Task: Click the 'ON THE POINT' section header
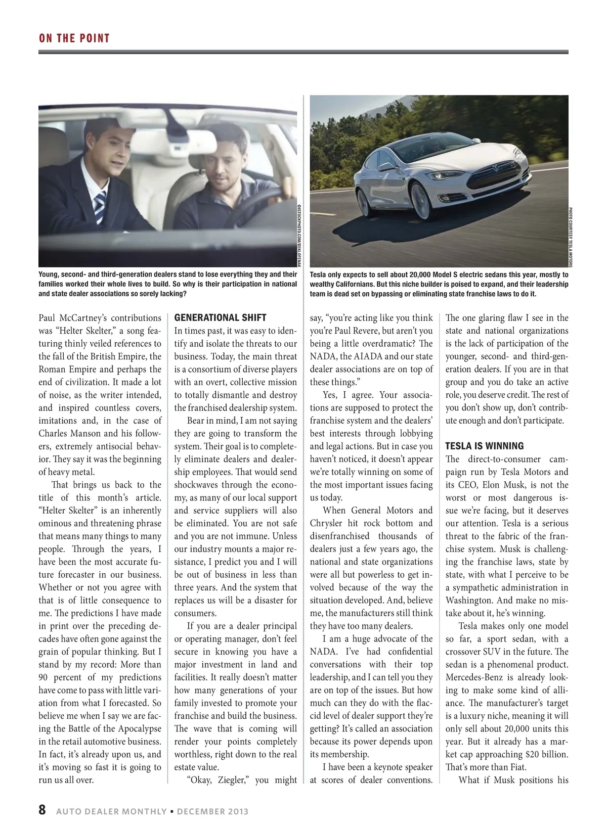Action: (x=74, y=38)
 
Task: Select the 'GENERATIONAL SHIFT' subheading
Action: (x=220, y=318)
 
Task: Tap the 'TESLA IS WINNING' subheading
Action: (x=484, y=446)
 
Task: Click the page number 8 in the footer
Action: (x=42, y=810)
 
